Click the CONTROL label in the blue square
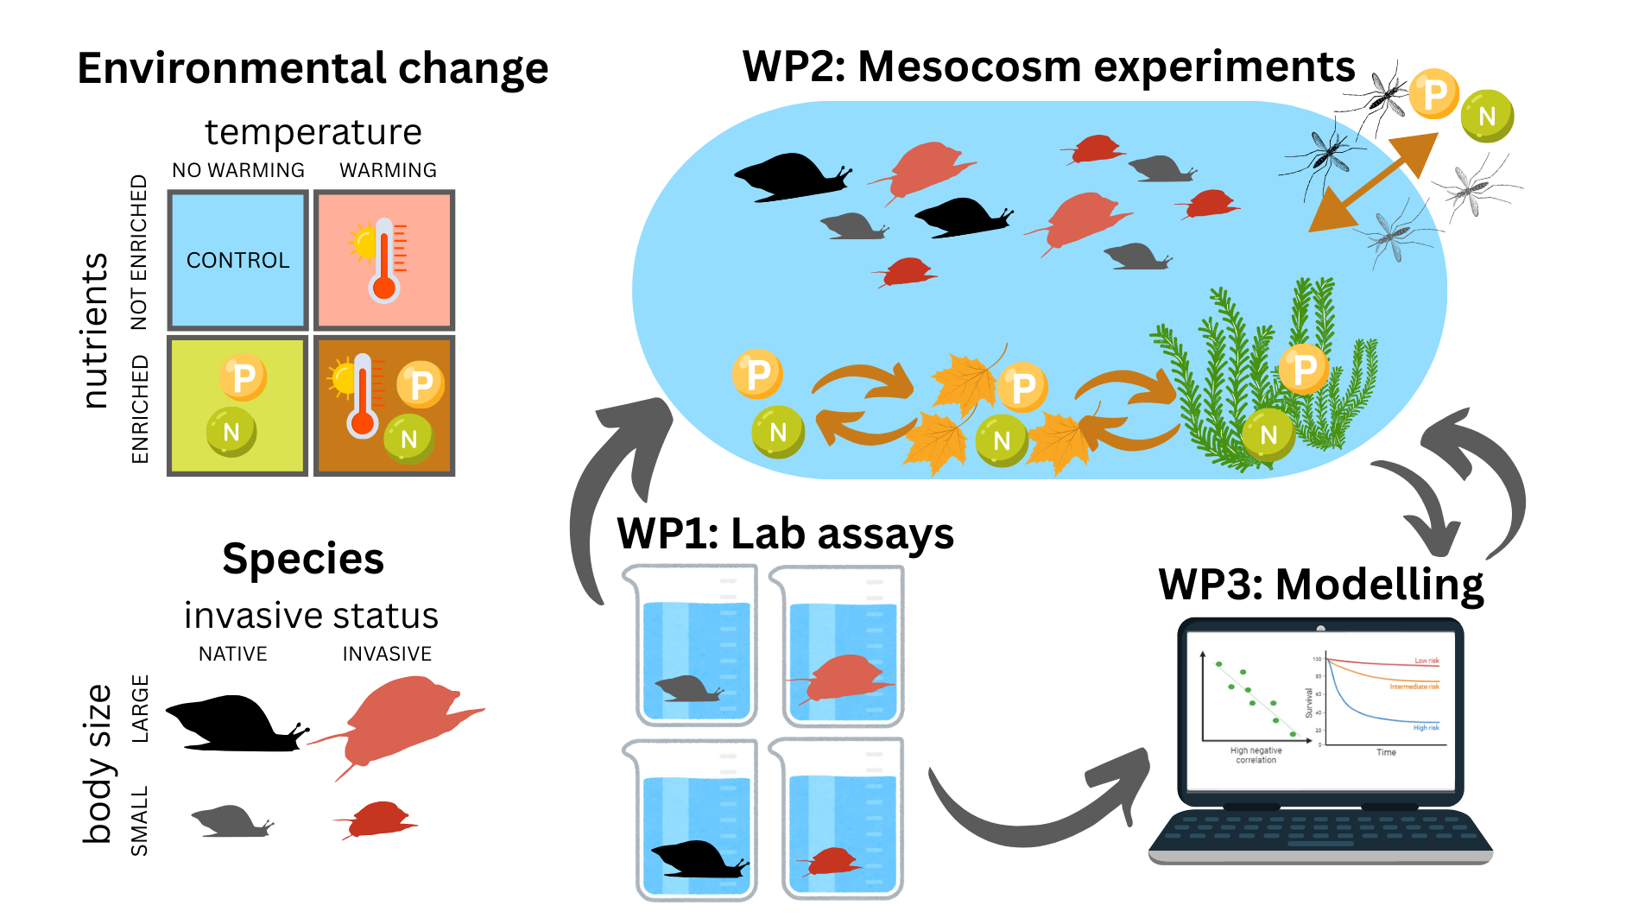[x=237, y=260]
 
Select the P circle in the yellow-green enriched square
[x=243, y=377]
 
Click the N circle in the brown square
[x=408, y=438]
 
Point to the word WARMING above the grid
[x=388, y=170]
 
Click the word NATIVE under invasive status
[x=233, y=654]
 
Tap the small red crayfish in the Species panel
[x=377, y=819]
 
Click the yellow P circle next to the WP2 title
[x=1433, y=94]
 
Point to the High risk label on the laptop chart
[x=1426, y=728]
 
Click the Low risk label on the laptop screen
[x=1426, y=661]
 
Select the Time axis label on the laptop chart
[x=1386, y=752]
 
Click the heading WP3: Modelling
[x=1321, y=585]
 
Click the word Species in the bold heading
[x=303, y=559]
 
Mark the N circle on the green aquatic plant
[x=1268, y=434]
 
